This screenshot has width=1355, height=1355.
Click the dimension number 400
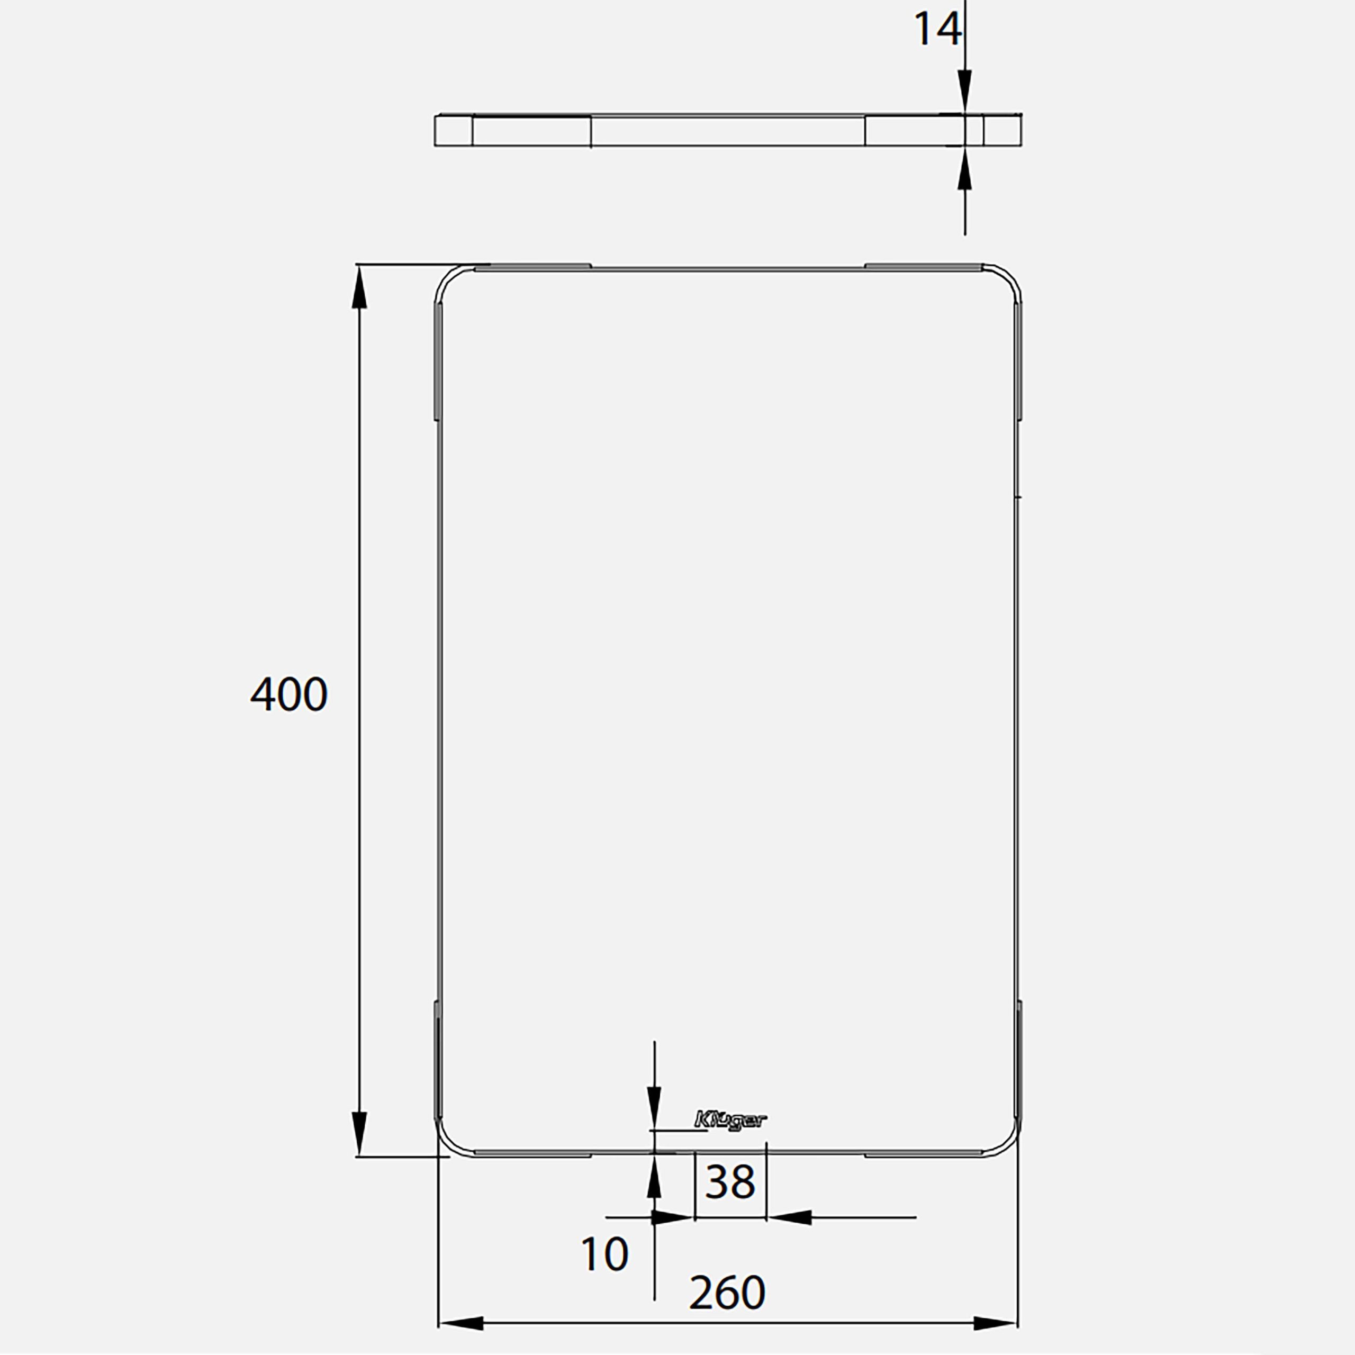(289, 694)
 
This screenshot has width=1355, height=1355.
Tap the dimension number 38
(730, 1182)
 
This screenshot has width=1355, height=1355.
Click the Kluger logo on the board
(730, 1119)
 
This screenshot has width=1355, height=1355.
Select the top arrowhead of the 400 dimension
(359, 287)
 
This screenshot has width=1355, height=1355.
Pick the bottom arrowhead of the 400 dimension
(359, 1133)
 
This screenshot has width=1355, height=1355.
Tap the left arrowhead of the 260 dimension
(462, 1323)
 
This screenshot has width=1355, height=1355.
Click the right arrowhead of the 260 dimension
(995, 1323)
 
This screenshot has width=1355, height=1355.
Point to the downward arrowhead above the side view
(965, 91)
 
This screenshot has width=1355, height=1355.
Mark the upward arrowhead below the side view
(965, 170)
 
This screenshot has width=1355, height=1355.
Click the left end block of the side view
(454, 130)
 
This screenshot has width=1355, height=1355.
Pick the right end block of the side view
(1002, 130)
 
